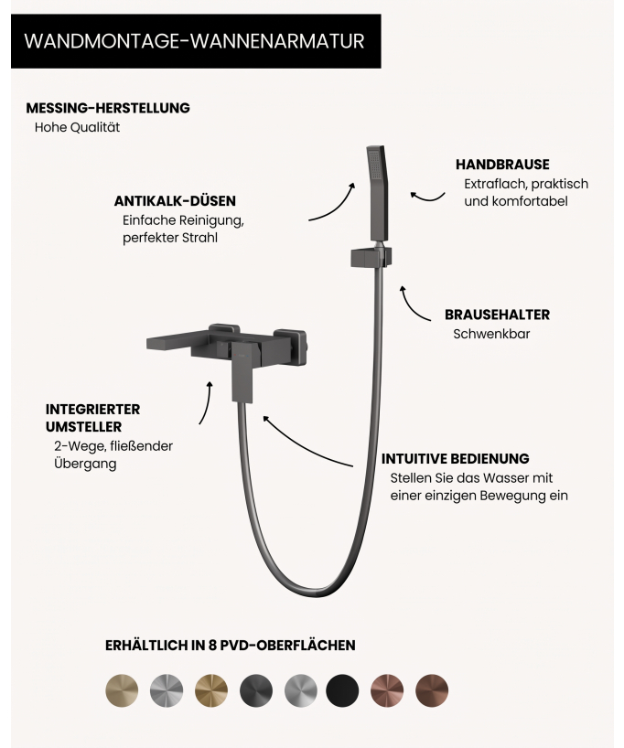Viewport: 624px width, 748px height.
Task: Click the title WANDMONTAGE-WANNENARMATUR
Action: click(x=194, y=41)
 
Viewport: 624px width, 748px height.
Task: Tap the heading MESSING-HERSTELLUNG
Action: click(x=108, y=108)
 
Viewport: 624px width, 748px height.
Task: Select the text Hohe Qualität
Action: click(x=78, y=127)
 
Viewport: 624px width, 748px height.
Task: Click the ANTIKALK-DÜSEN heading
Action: click(x=175, y=201)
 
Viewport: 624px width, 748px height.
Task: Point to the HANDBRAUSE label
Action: click(x=502, y=165)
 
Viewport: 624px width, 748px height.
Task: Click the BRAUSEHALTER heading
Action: click(x=497, y=315)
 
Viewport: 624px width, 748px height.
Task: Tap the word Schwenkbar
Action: click(x=491, y=334)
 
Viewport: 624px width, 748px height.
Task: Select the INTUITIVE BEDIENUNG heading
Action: click(x=455, y=459)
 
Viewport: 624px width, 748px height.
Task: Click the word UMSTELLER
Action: click(x=83, y=427)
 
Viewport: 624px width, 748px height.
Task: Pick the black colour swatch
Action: click(x=342, y=690)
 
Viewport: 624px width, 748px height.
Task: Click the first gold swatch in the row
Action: click(x=122, y=690)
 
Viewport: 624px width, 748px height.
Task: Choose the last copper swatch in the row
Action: click(x=432, y=690)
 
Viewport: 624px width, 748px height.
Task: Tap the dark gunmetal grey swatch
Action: click(x=256, y=690)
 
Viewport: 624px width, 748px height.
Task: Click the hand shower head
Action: click(x=378, y=192)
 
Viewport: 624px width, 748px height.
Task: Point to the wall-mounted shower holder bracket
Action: click(x=371, y=257)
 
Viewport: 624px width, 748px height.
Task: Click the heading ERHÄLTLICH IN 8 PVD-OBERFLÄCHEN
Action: click(x=231, y=646)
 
